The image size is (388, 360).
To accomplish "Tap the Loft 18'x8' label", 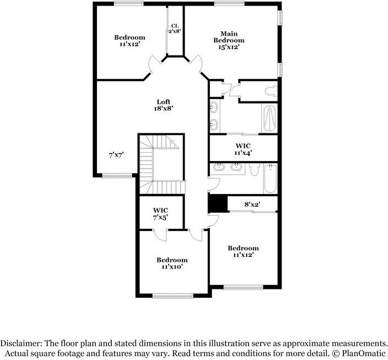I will [x=164, y=105].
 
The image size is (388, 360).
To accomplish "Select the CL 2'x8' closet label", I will [x=175, y=29].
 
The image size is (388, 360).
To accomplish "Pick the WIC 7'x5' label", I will [x=160, y=214].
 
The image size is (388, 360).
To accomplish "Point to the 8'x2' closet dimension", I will [x=252, y=205].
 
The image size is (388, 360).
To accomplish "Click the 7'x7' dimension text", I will [x=115, y=155].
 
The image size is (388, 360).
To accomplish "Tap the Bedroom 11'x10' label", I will [x=171, y=263].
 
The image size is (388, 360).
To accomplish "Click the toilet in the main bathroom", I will [x=270, y=90].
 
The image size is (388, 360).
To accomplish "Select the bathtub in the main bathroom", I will [x=269, y=117].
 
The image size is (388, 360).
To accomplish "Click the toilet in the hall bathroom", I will [x=254, y=170].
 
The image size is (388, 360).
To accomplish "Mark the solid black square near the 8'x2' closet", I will [x=218, y=203].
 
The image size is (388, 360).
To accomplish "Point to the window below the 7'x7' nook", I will [x=117, y=176].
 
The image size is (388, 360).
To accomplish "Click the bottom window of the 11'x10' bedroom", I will [x=173, y=296].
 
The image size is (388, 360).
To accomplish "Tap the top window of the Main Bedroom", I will [x=229, y=3].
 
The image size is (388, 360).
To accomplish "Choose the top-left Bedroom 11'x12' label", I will [x=130, y=40].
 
